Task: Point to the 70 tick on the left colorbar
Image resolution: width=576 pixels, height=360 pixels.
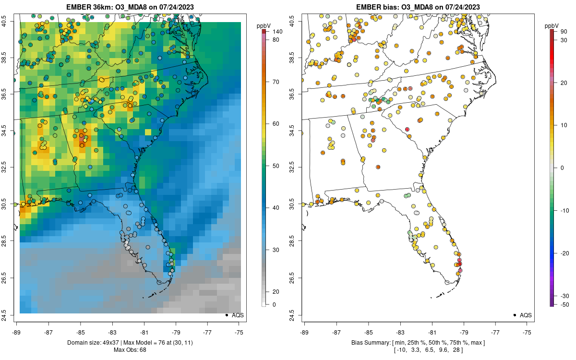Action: point(276,82)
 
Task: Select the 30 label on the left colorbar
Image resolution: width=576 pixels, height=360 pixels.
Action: point(276,250)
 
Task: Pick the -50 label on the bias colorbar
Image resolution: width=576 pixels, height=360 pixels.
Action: point(564,304)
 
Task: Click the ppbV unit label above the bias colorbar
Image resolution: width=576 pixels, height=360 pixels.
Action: point(552,25)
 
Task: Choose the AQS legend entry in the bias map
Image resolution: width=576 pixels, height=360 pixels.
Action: point(525,315)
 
